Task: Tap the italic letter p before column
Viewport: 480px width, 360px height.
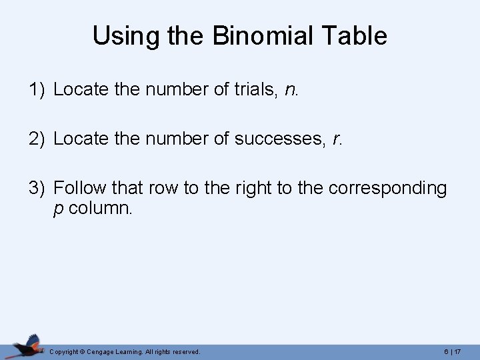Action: click(58, 209)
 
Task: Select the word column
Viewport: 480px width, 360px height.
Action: click(101, 208)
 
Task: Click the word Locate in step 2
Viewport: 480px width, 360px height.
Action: click(81, 139)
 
